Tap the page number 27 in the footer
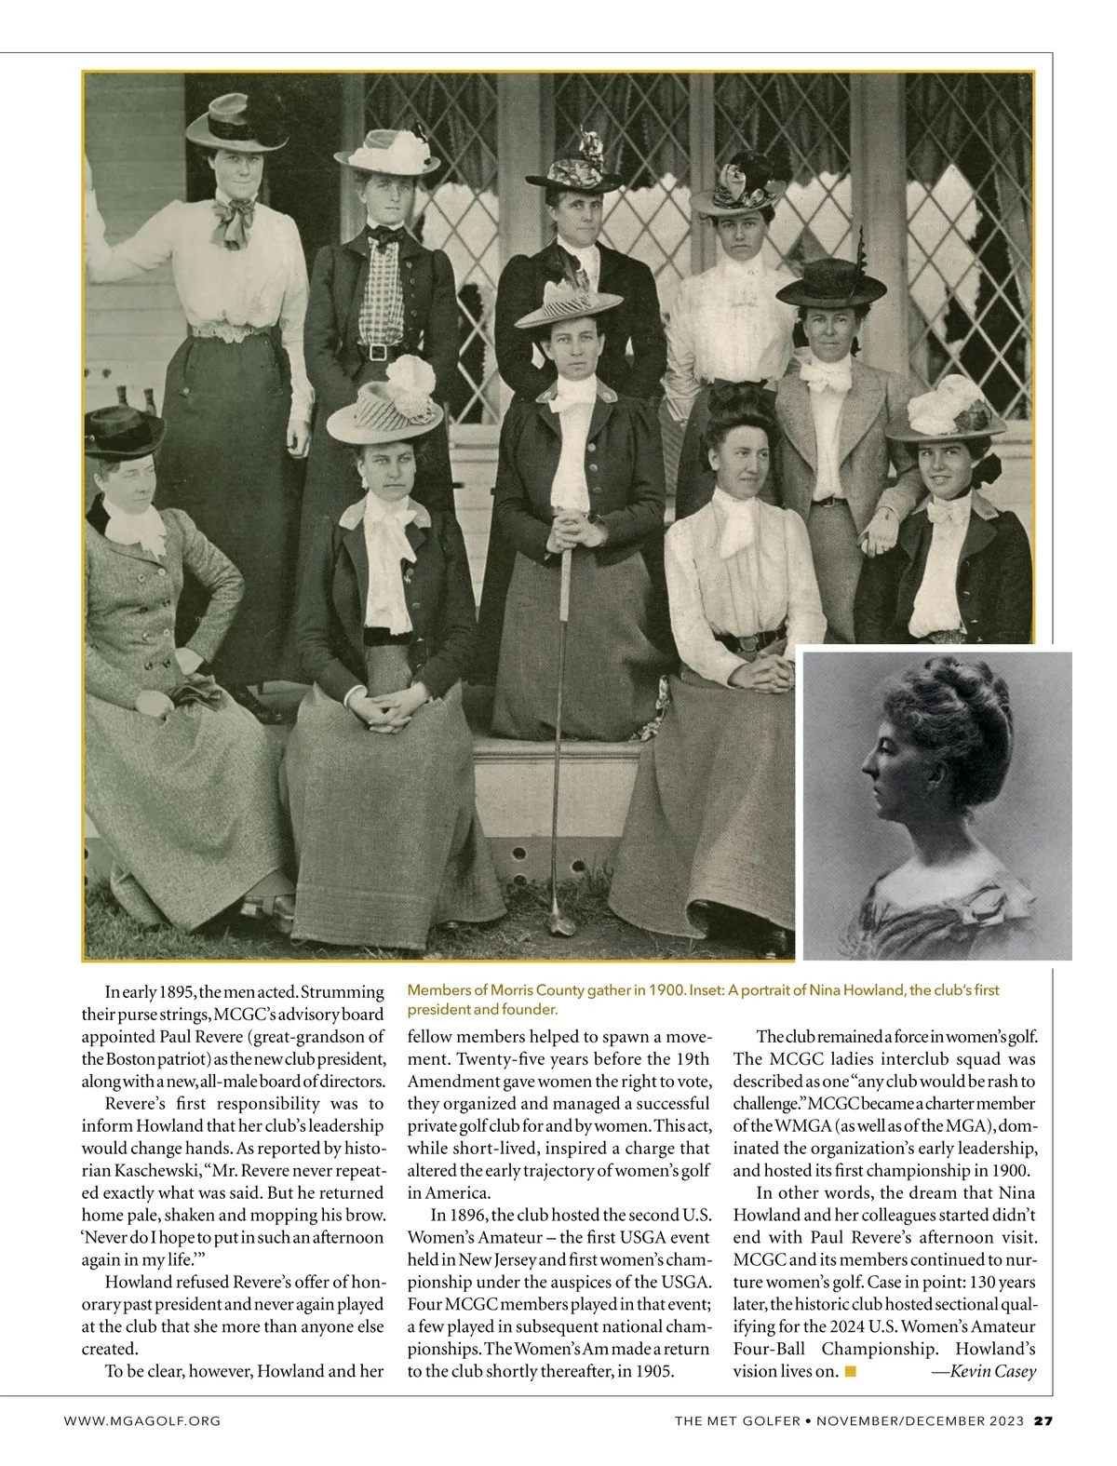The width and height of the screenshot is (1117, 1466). click(x=1043, y=1420)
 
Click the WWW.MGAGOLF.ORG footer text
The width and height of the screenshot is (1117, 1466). click(x=141, y=1420)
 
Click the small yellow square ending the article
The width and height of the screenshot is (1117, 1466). click(x=849, y=1371)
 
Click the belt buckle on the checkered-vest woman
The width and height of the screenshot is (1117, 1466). click(x=376, y=352)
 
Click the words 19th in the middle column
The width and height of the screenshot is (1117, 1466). click(x=690, y=1058)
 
